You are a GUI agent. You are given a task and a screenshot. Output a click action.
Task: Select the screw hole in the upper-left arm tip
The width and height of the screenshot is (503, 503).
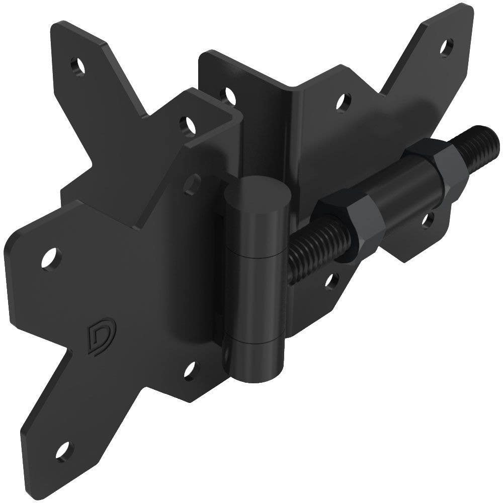coord(77,65)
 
